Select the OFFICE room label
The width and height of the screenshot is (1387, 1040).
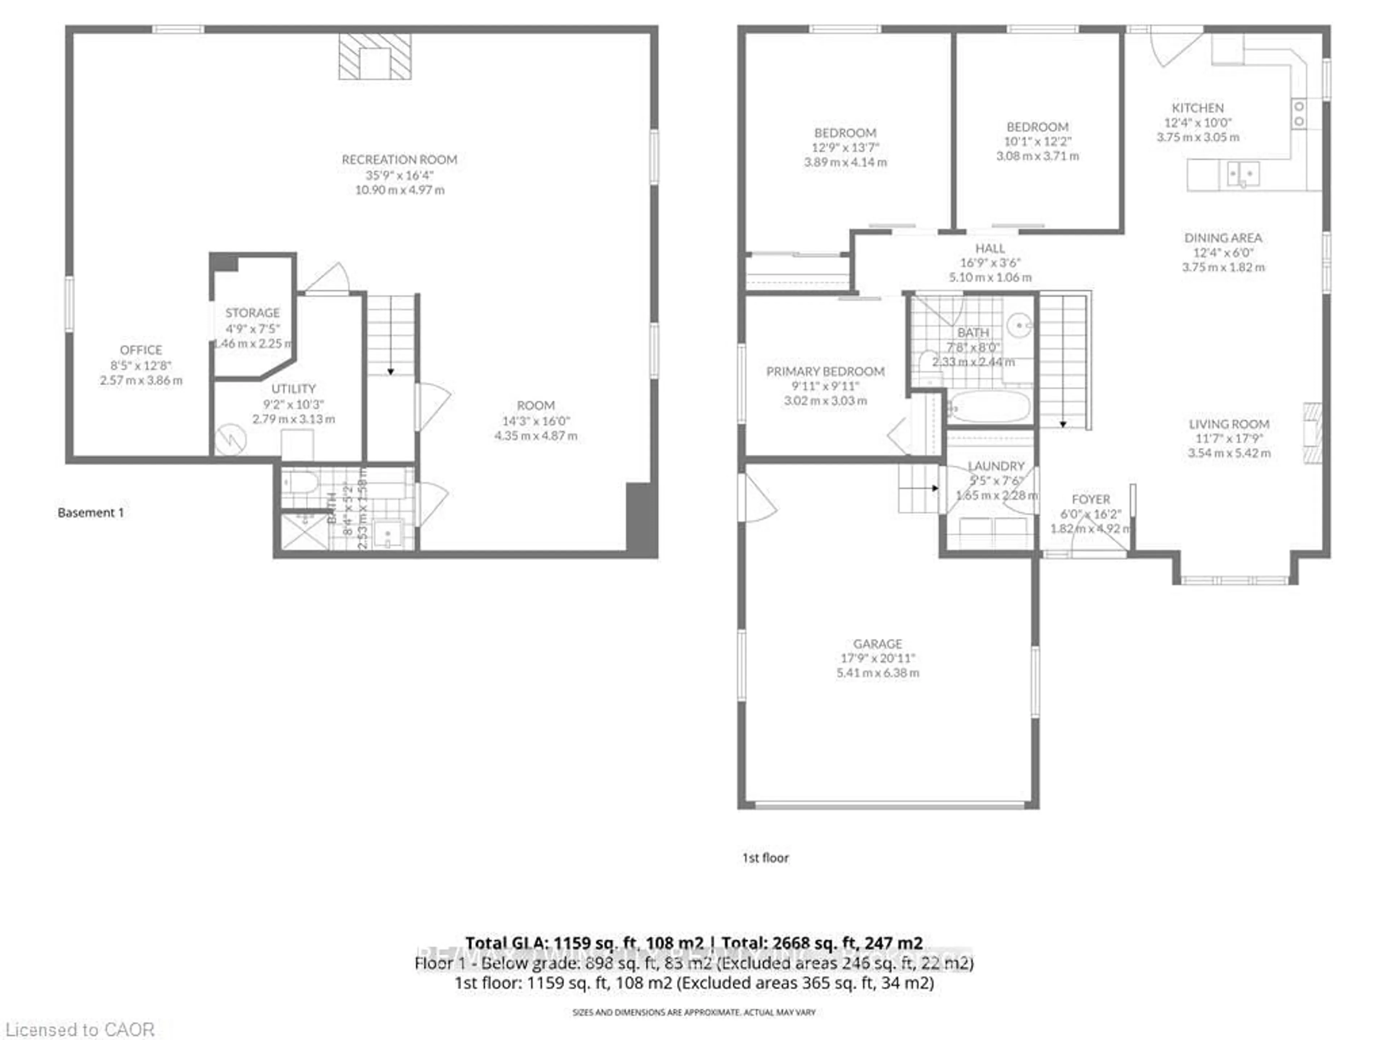141,350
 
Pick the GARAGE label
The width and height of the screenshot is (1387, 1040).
878,644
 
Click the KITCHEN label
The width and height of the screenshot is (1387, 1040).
1198,108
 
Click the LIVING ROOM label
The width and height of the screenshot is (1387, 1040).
1229,424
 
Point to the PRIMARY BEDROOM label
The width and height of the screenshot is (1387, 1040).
825,372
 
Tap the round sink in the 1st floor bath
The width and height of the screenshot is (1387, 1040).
1020,325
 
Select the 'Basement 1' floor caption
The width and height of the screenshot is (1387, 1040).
91,513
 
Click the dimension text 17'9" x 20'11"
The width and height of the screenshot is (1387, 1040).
878,658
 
